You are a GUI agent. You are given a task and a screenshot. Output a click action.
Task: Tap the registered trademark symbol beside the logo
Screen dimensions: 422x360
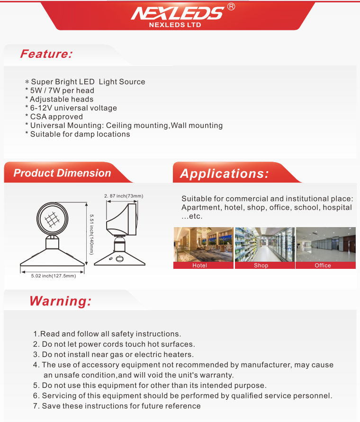click(x=231, y=7)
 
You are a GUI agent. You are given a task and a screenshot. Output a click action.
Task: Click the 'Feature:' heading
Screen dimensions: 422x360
click(x=46, y=54)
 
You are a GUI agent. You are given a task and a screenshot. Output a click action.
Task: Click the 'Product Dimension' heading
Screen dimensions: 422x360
click(x=62, y=173)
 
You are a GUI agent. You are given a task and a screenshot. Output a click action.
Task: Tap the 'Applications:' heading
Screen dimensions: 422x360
click(x=224, y=174)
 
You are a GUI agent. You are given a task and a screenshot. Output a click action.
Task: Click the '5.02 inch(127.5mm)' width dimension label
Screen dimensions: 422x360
click(x=53, y=276)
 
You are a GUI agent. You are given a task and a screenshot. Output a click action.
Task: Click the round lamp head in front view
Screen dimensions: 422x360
click(x=53, y=219)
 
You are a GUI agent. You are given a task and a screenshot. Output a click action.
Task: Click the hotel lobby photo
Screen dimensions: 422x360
click(x=203, y=244)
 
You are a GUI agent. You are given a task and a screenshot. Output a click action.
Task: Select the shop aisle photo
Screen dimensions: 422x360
click(x=264, y=244)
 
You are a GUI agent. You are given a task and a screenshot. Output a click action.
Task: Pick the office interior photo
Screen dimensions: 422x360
click(x=325, y=244)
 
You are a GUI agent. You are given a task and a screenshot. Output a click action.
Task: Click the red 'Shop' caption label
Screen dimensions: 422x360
click(x=261, y=266)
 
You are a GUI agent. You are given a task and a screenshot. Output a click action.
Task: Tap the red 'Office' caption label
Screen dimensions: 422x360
click(x=323, y=266)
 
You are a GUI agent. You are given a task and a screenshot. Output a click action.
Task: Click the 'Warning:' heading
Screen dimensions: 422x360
click(x=60, y=301)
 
